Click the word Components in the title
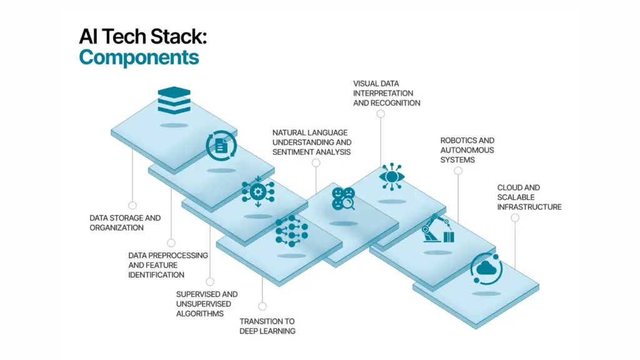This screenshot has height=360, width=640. (x=139, y=57)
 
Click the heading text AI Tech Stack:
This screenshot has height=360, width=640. (x=142, y=36)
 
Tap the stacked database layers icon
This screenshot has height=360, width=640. (x=174, y=101)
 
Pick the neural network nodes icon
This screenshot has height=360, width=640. (x=291, y=231)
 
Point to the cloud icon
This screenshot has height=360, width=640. (x=486, y=269)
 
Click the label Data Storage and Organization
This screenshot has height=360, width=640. (x=125, y=223)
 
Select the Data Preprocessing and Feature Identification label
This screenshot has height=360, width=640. (x=167, y=265)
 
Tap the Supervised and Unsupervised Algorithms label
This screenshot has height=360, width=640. (x=206, y=304)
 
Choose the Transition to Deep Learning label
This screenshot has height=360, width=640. (x=267, y=326)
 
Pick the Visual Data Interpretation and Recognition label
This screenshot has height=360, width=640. (x=386, y=93)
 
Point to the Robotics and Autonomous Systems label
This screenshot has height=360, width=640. (x=467, y=150)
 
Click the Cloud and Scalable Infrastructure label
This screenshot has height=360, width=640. (x=529, y=197)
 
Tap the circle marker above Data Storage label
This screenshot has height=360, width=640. (x=132, y=205)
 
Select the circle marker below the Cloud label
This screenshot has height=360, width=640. (x=514, y=217)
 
